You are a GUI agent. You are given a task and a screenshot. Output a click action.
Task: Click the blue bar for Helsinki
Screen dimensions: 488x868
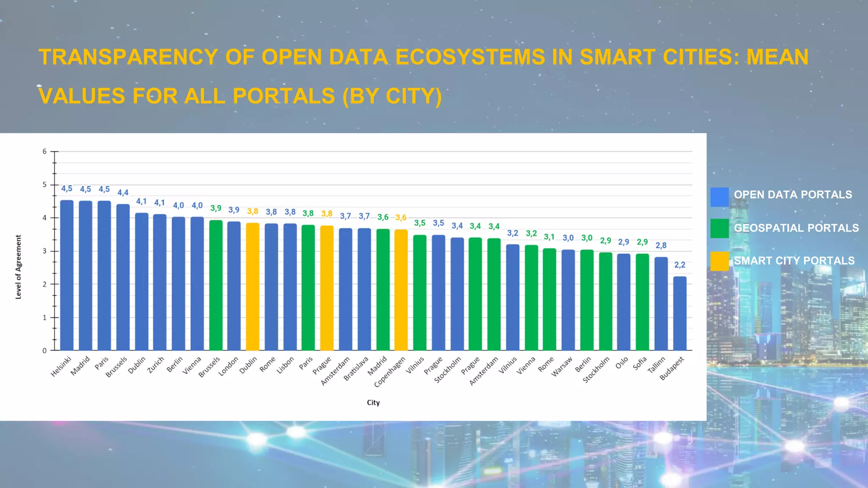[x=67, y=275]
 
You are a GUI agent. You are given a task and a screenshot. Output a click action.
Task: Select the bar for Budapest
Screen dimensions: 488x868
[x=679, y=313]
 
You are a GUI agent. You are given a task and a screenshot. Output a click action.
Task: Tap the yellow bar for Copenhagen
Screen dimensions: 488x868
[x=401, y=290]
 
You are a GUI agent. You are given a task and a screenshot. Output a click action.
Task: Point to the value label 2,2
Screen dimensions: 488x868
[x=679, y=265]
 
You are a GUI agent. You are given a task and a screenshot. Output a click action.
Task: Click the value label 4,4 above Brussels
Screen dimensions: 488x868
[x=123, y=192]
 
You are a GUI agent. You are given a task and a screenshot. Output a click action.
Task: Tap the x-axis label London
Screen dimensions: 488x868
[x=229, y=366]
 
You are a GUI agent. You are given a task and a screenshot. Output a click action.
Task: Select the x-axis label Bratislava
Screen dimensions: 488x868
[x=356, y=369]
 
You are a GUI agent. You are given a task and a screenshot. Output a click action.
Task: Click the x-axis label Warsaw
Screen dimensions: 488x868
[x=562, y=366]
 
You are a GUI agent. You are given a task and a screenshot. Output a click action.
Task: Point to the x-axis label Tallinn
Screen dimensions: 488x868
[x=657, y=365]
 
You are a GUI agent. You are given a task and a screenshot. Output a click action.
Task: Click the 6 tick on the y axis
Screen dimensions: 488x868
[x=45, y=151]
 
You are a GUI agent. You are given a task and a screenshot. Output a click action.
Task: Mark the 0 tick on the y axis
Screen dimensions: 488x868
[x=45, y=350]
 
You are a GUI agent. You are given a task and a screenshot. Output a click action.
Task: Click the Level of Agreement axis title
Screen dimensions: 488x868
[x=18, y=267]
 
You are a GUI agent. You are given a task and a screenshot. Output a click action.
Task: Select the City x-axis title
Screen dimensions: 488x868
[x=373, y=402]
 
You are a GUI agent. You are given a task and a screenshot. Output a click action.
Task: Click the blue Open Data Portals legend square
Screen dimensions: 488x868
[x=720, y=197]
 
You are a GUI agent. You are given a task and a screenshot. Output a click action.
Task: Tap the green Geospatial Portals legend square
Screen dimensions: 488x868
[x=720, y=228]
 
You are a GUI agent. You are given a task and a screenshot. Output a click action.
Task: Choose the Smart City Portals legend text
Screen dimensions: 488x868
[x=794, y=261]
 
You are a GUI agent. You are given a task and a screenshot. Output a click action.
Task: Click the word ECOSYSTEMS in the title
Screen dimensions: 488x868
[x=470, y=57]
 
